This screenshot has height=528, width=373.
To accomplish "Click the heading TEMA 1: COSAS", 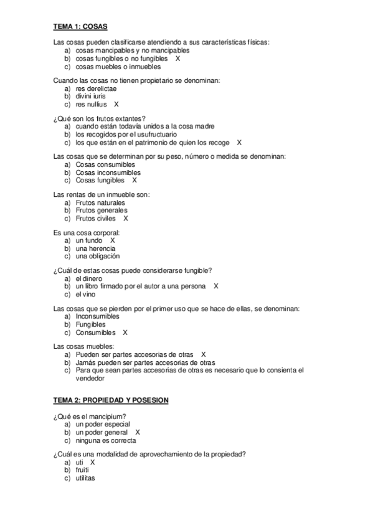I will [x=81, y=27].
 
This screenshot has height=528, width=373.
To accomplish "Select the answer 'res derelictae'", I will [x=96, y=88].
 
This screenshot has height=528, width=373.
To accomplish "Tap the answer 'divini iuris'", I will [x=91, y=97].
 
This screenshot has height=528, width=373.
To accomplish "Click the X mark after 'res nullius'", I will [x=116, y=105].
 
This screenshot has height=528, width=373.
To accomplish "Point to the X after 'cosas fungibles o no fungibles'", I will [x=178, y=59].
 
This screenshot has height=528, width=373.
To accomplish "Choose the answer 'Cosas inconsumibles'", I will [x=108, y=172].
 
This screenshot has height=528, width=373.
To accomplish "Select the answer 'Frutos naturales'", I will [x=100, y=203].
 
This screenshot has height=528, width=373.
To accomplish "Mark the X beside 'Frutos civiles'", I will [x=126, y=219].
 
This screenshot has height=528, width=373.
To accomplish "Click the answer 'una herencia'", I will [x=95, y=248].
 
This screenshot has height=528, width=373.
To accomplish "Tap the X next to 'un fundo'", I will [x=113, y=240].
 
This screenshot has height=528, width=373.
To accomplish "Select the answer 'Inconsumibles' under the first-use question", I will [x=97, y=316].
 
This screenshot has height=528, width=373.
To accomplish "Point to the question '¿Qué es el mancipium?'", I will [x=91, y=417].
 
